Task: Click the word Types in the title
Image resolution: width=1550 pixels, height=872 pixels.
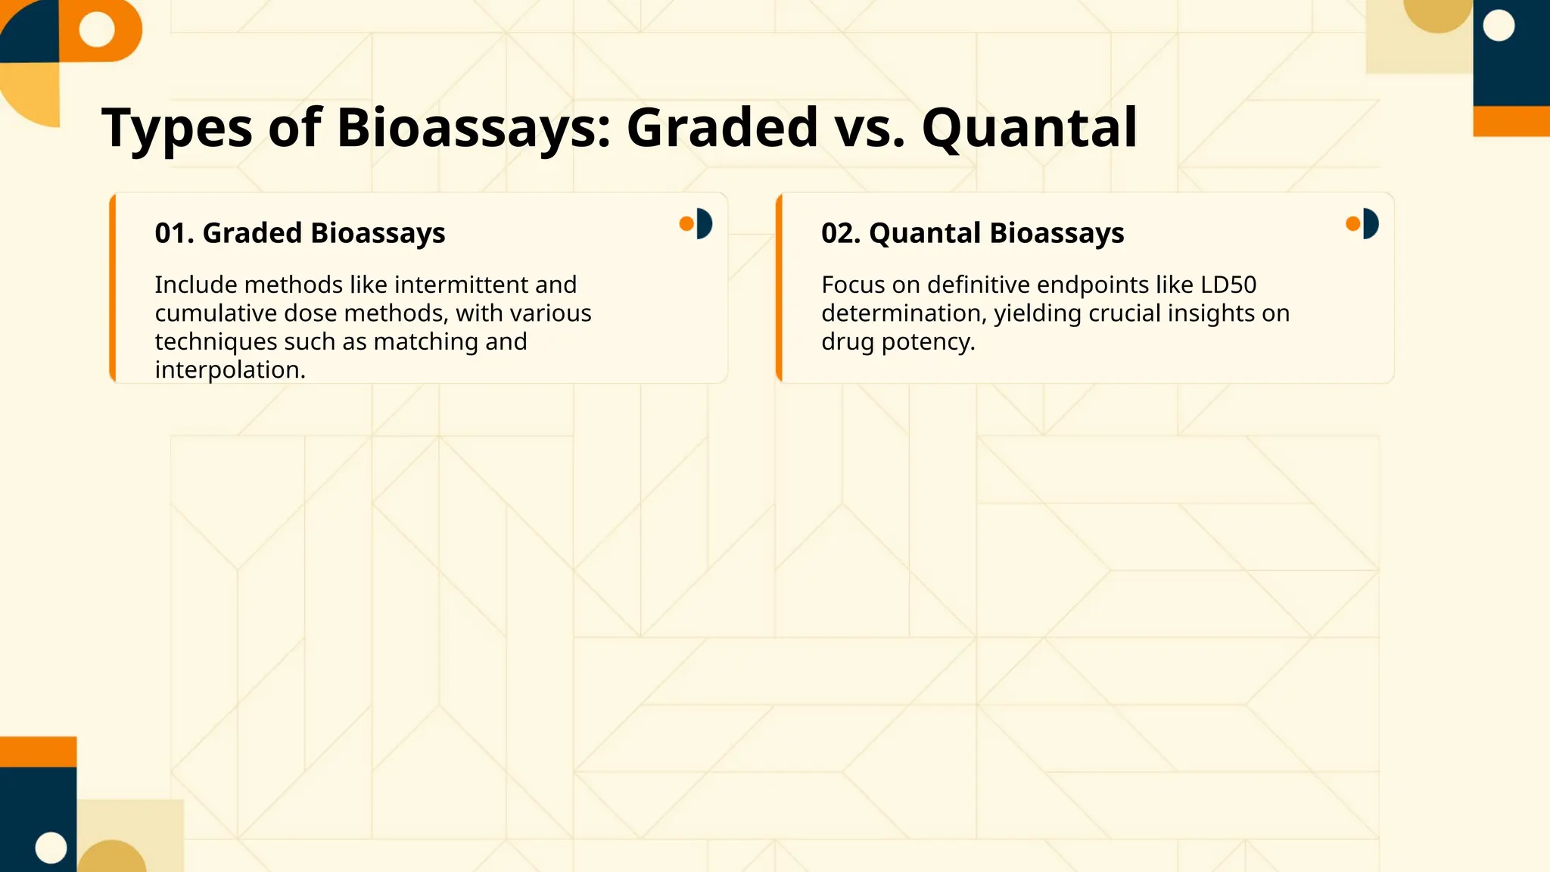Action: coord(177,128)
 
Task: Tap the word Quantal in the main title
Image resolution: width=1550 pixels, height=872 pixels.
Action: coord(1029,128)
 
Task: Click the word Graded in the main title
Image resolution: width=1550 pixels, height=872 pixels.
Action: coord(722,128)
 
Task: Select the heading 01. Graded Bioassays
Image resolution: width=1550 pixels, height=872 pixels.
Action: coord(300,233)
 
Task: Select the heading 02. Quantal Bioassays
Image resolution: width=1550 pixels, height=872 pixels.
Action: coord(973,233)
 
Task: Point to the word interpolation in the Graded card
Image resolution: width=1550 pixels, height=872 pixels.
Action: coord(229,370)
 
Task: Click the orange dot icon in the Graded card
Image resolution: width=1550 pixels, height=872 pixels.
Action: coord(686,223)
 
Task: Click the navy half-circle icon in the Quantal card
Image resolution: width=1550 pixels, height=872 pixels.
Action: coord(1371,223)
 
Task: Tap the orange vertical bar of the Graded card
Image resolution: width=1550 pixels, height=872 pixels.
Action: coord(113,288)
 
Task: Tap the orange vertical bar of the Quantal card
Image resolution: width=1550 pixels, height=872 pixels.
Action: coord(779,288)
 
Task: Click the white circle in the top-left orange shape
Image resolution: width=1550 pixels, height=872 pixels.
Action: coord(97,29)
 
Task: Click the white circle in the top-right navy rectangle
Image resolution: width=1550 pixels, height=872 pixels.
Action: coord(1499,26)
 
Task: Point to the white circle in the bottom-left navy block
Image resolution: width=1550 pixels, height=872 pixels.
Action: coord(51,847)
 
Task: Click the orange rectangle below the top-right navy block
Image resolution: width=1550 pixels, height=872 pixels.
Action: coord(1511,121)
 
